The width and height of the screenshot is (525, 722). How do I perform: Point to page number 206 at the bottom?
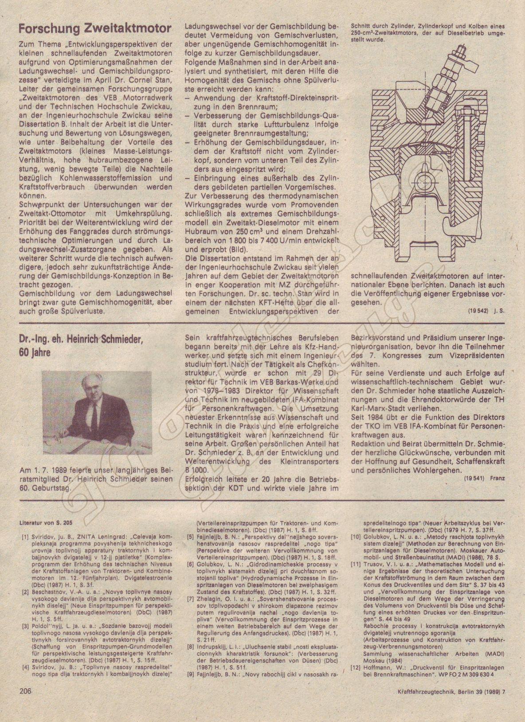pos(26,703)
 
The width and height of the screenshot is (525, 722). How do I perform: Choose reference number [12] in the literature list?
pos(355,667)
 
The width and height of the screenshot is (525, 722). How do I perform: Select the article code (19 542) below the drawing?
pos(477,312)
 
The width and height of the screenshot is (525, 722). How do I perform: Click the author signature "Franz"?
pos(498,478)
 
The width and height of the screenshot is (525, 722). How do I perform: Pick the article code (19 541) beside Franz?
pos(473,478)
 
